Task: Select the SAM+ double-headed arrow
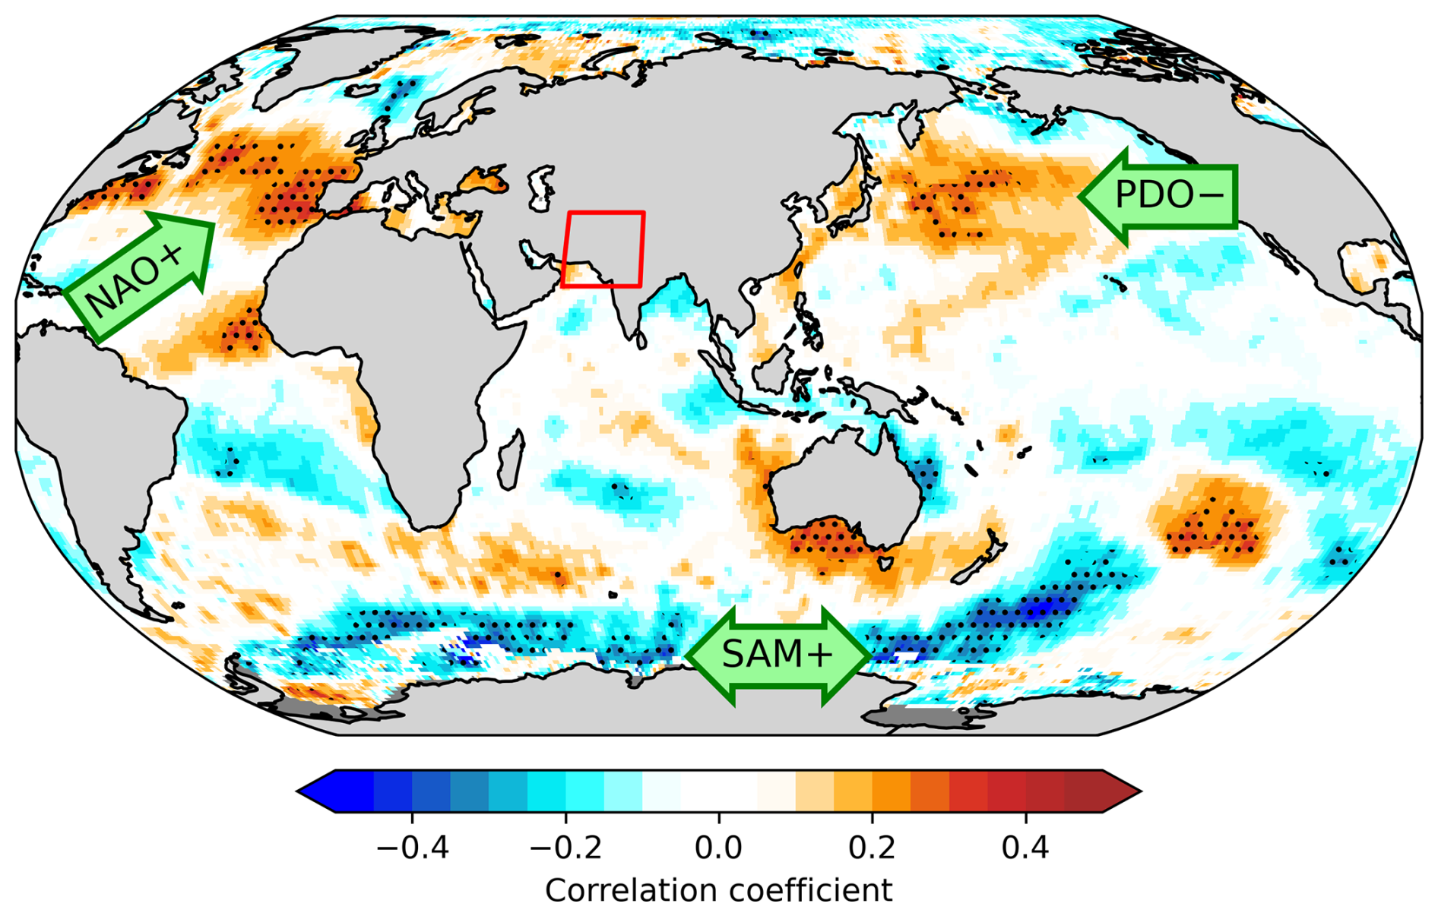[778, 655]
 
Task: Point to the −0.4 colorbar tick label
[412, 846]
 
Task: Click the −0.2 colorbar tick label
[565, 846]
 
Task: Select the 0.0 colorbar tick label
[718, 846]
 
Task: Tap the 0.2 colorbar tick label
[872, 846]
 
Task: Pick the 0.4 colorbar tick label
[1025, 846]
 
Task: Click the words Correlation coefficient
[718, 890]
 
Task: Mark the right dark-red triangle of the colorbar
[1120, 791]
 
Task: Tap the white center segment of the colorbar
[718, 791]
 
